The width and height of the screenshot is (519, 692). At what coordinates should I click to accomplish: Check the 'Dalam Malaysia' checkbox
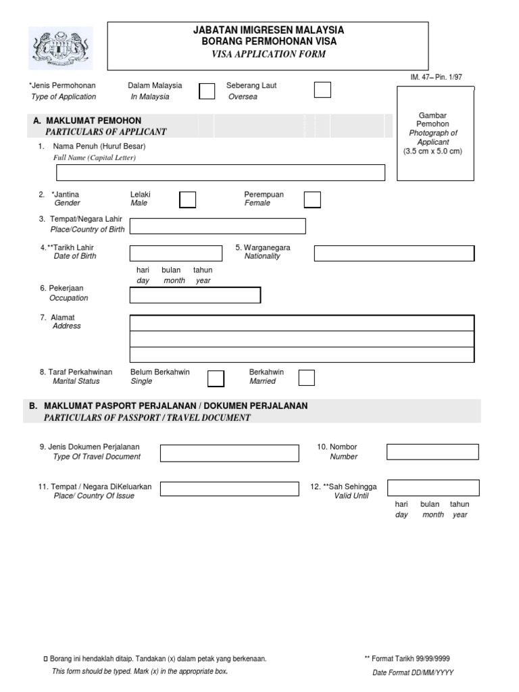[207, 91]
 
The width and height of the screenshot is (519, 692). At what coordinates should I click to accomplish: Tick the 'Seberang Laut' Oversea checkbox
[322, 90]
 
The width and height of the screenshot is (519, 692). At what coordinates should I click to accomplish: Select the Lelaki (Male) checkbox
[188, 199]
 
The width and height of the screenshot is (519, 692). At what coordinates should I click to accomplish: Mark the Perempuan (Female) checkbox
[312, 199]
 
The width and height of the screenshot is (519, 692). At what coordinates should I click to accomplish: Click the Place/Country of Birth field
[217, 226]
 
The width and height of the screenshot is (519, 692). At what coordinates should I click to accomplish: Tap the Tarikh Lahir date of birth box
[175, 253]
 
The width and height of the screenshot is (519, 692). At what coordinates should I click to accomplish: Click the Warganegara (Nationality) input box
[394, 253]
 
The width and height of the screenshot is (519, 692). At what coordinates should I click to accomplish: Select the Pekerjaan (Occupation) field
[195, 295]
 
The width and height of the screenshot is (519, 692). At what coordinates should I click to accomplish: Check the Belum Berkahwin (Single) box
[216, 378]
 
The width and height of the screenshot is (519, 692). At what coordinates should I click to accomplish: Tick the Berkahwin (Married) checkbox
[306, 377]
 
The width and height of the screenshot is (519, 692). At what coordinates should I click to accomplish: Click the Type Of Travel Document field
[229, 453]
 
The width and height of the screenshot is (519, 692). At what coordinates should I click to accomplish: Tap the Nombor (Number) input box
[432, 451]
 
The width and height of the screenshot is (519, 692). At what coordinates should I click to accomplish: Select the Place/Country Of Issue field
[229, 489]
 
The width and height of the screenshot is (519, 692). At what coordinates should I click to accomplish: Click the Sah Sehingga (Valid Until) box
[432, 488]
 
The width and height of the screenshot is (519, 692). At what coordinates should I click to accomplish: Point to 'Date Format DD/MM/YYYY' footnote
[413, 672]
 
